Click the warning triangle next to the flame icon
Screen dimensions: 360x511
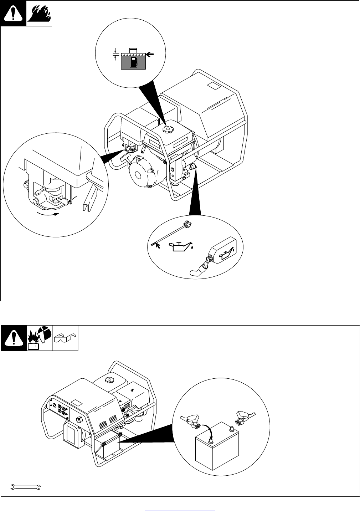tap(14, 14)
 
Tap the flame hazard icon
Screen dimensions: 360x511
tap(39, 14)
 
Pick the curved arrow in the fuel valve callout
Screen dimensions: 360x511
tap(48, 214)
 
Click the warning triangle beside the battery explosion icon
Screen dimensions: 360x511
tap(14, 338)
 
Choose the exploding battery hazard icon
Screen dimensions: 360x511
tap(40, 338)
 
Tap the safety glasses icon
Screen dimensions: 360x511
tap(65, 338)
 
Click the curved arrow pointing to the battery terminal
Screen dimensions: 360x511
tap(207, 430)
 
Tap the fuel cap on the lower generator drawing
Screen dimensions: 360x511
tap(108, 380)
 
